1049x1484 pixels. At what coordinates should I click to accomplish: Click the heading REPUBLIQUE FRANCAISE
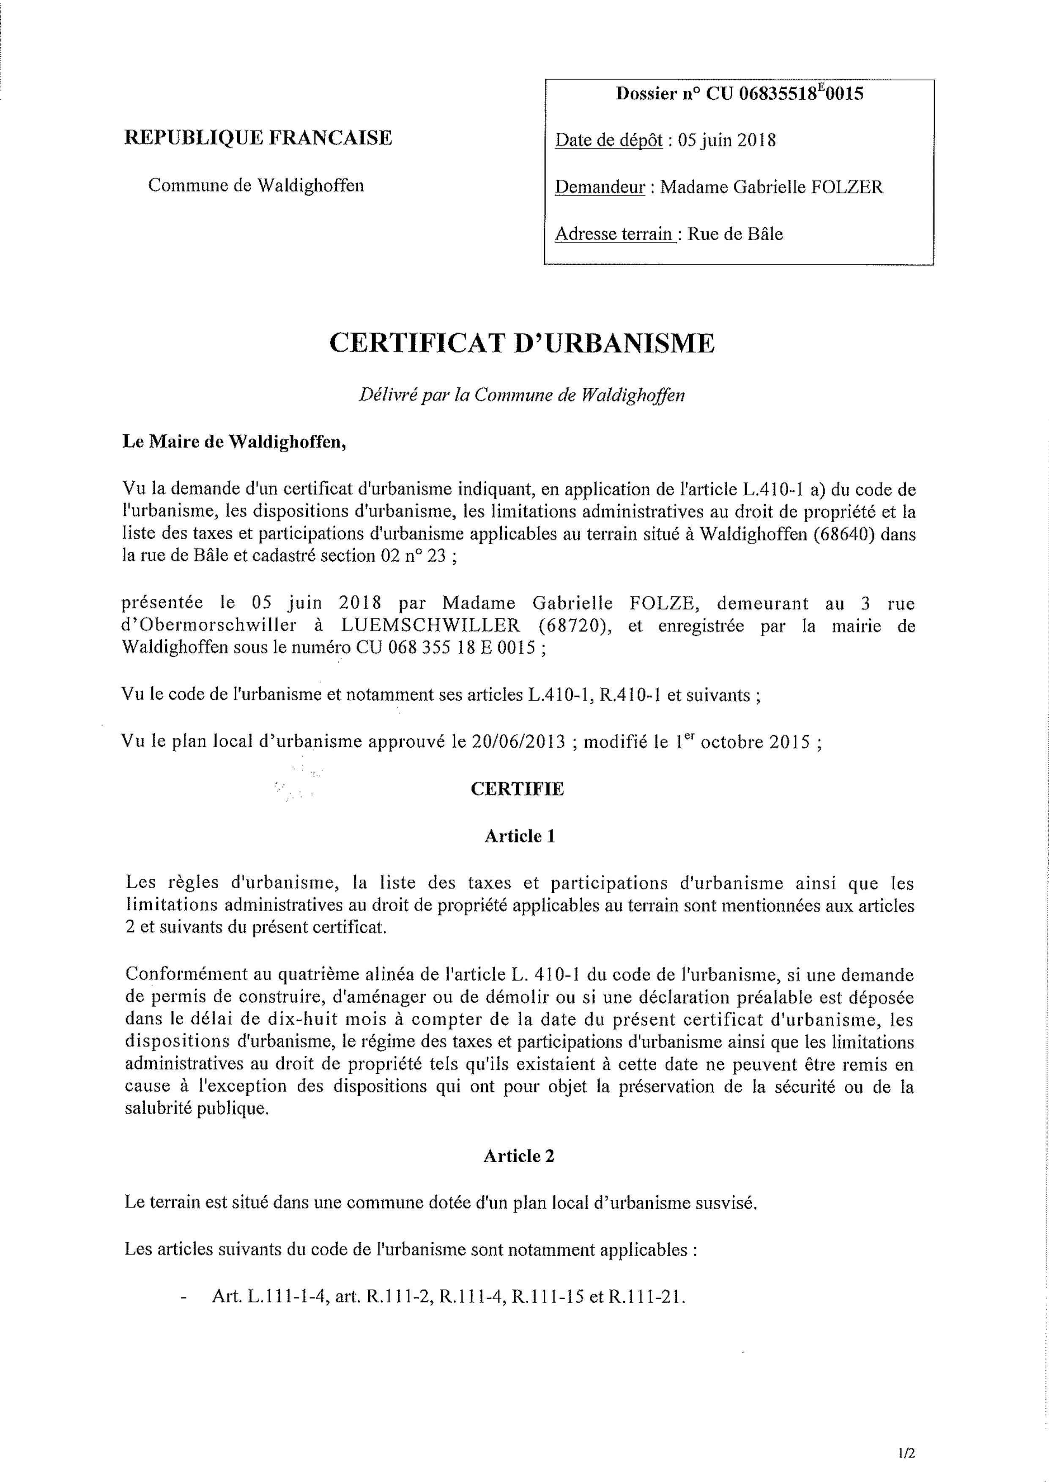pos(258,138)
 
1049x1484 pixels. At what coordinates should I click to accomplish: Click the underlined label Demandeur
pos(600,187)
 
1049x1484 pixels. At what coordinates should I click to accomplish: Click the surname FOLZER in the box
pos(847,187)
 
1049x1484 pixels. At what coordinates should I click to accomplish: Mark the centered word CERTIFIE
pos(517,789)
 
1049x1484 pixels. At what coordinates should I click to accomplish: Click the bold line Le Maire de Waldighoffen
pos(234,443)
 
